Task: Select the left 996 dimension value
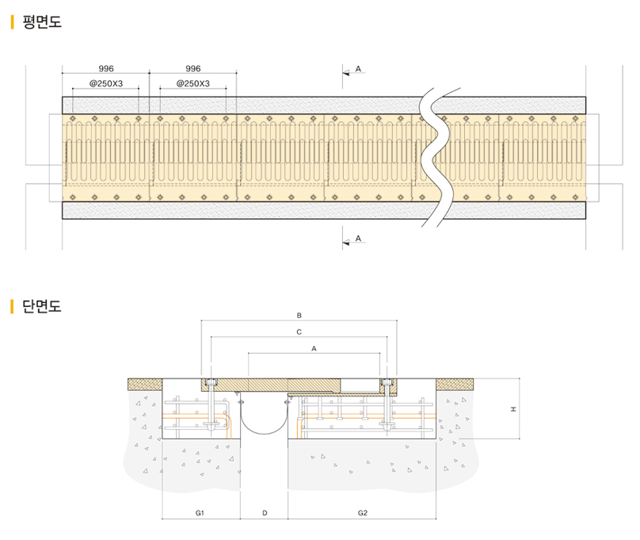[105, 70]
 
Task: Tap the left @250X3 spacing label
[105, 83]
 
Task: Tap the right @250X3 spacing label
[192, 83]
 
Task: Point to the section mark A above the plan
[358, 71]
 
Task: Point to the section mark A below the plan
[358, 239]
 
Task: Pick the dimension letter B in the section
[299, 315]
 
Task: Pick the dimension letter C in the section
[299, 331]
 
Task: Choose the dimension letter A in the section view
[314, 348]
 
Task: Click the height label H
[513, 409]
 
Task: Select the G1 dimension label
[200, 514]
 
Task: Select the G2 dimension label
[363, 514]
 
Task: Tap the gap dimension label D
[265, 514]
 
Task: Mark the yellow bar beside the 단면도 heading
[13, 307]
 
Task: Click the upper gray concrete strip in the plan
[238, 105]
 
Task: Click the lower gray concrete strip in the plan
[238, 210]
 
